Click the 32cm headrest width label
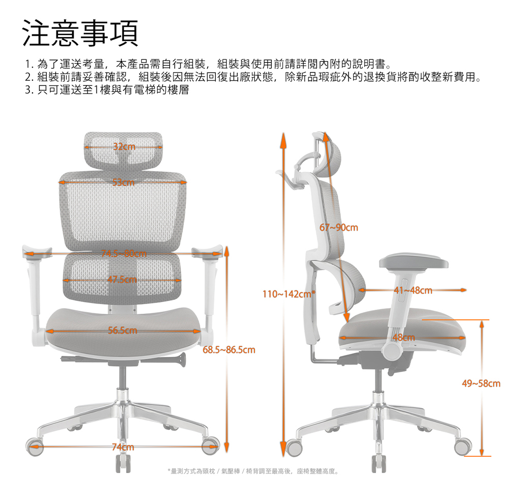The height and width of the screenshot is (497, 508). click(124, 147)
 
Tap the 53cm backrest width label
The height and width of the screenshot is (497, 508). click(123, 182)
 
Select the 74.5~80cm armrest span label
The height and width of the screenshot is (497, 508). click(124, 253)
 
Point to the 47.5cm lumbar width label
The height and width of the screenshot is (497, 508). click(122, 279)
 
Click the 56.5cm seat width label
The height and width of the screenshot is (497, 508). click(122, 330)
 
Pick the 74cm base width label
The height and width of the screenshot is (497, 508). click(123, 447)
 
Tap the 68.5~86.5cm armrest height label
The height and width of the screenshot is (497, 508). click(229, 350)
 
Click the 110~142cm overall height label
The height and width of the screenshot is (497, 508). click(289, 294)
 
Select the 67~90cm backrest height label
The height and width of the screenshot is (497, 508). click(339, 227)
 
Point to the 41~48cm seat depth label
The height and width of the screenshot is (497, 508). click(413, 290)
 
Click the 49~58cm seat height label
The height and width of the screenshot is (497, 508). click(481, 384)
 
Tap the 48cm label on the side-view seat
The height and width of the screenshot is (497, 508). click(404, 338)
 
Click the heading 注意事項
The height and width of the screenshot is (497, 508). click(80, 34)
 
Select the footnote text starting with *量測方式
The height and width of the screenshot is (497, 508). click(253, 472)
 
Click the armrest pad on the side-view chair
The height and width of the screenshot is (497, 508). click(414, 261)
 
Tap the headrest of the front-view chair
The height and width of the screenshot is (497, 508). click(123, 150)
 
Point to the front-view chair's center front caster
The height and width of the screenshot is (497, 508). click(123, 463)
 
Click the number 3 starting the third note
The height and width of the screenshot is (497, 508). click(28, 90)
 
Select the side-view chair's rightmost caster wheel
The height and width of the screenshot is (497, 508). click(463, 447)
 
